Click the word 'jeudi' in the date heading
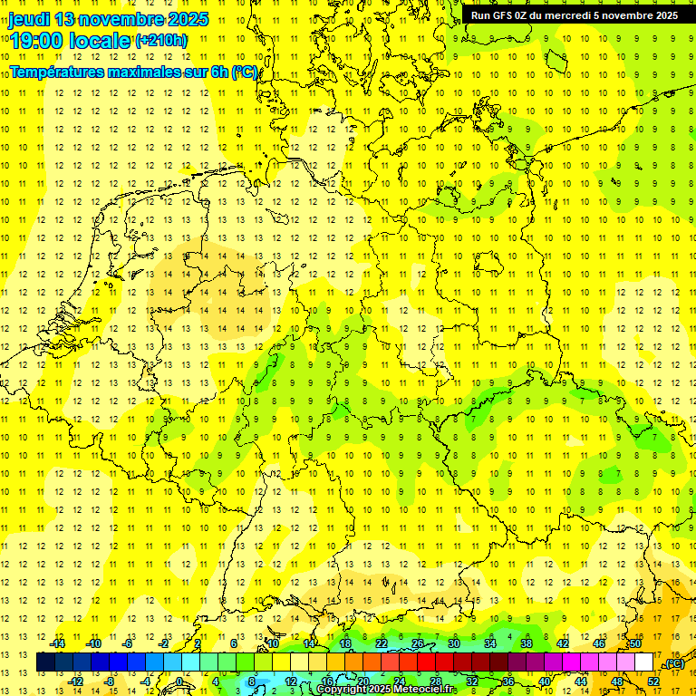click(28, 19)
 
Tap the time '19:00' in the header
click(36, 40)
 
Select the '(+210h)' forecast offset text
click(161, 40)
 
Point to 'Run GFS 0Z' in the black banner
click(500, 15)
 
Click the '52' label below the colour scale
click(652, 681)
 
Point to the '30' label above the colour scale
click(453, 643)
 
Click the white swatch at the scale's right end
click(643, 662)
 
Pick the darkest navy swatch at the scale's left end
click(45, 662)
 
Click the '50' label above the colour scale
click(635, 643)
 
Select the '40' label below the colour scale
click(544, 681)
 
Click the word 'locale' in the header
click(103, 40)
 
